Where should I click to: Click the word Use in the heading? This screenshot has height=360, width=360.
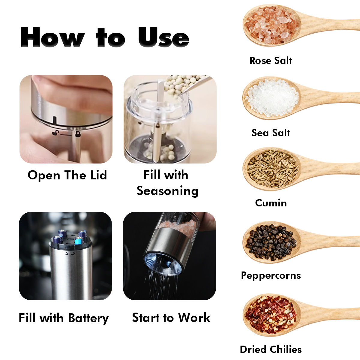point(164,37)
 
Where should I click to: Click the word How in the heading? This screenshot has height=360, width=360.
point(52,37)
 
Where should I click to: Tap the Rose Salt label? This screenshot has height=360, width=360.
point(271,61)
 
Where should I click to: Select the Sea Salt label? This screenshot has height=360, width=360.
point(271,133)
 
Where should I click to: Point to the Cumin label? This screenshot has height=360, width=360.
point(271,203)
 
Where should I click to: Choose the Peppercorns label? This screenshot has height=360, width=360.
point(271,275)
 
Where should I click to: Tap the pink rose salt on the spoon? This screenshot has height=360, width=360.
point(271,25)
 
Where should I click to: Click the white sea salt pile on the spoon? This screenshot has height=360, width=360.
point(272,98)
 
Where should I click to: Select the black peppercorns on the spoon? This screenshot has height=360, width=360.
point(271,242)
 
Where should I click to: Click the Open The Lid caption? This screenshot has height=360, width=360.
point(67,175)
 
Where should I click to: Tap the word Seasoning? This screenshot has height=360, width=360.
point(167,191)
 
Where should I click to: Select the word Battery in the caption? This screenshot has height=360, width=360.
point(88,318)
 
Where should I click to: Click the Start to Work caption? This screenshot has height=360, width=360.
point(171,318)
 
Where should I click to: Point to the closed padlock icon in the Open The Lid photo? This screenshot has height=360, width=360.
point(77,134)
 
